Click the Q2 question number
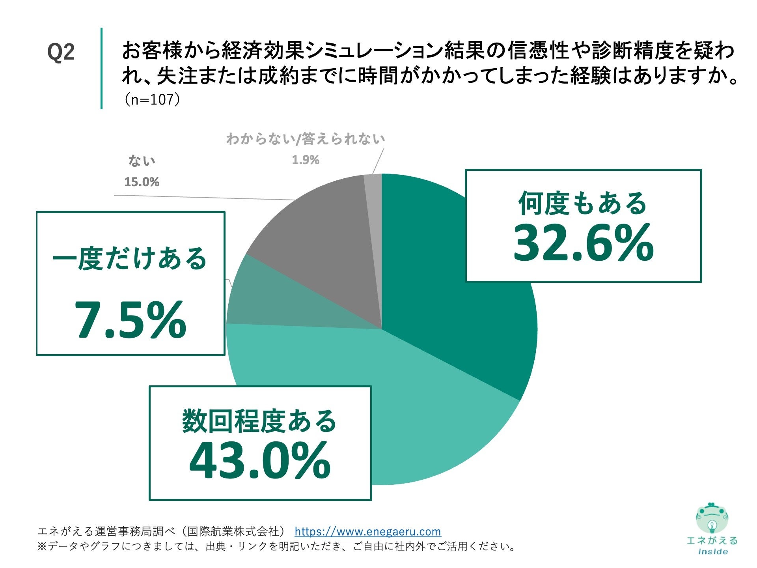coord(61,52)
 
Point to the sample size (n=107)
coord(152,99)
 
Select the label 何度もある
coord(582,204)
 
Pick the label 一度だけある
coord(130,259)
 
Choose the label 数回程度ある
coord(259,421)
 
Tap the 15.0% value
coord(142,182)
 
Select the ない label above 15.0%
coord(142,161)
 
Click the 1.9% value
coord(305,160)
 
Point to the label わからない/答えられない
coord(306,139)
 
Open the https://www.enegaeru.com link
coord(367,531)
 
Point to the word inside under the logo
coord(712,551)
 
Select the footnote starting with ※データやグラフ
coord(276,546)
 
